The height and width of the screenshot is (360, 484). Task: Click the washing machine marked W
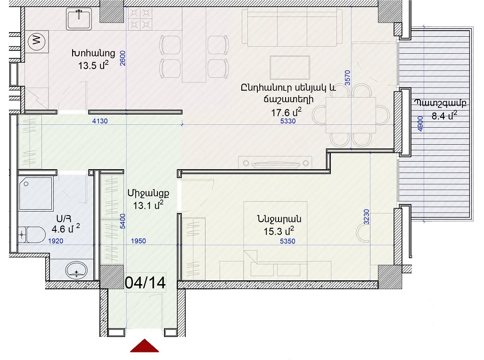coord(37,41)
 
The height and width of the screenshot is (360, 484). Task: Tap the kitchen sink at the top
coord(79,18)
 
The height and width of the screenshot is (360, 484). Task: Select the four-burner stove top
coord(140,18)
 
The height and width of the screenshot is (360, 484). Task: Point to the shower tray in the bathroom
coord(36,194)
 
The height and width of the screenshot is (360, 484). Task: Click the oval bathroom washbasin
coord(76,270)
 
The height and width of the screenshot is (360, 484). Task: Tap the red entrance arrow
coord(145,346)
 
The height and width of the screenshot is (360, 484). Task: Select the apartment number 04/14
coord(145,283)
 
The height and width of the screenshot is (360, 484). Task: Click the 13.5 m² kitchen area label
coord(93,65)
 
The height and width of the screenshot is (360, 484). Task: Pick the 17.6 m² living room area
coord(286,112)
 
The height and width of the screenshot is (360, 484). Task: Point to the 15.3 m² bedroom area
coord(279,231)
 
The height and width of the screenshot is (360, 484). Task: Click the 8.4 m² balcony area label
coord(444,115)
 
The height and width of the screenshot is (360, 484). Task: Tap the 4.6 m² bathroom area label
coord(66,229)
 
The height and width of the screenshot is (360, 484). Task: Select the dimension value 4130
coord(100,121)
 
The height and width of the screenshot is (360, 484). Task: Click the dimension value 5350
coord(287,241)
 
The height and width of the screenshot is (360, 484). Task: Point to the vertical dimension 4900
coord(420,123)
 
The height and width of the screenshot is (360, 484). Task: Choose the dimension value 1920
coord(56,241)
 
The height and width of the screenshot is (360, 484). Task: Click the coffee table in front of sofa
coord(290,67)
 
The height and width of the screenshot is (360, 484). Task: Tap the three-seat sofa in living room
coord(292,27)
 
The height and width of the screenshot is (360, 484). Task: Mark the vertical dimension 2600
coord(123,58)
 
